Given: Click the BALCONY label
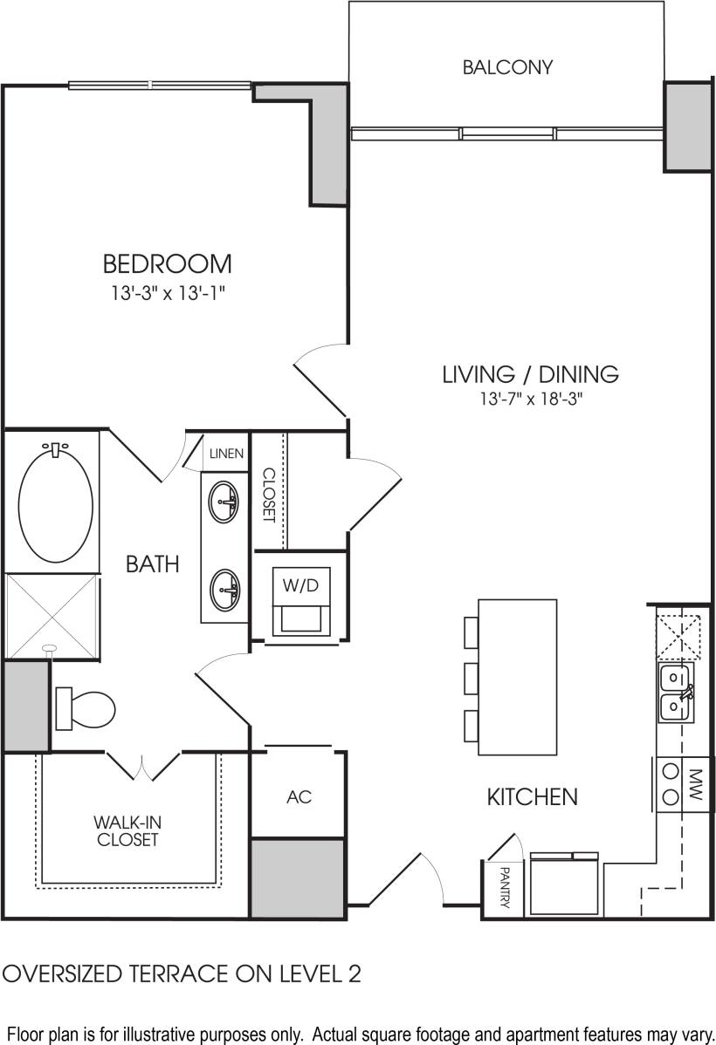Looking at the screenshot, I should (507, 67).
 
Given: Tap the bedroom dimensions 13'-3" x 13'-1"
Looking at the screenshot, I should (168, 295).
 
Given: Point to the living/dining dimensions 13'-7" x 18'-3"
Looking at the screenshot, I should (530, 400).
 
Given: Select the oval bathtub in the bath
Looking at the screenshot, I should (56, 504).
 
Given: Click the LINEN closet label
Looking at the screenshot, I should (227, 454).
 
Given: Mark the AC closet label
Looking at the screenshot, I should (299, 797).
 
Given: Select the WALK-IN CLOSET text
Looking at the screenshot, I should (127, 830).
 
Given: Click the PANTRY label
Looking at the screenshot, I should (505, 887).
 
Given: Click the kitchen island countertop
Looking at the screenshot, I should (517, 676).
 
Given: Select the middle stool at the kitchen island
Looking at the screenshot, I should (471, 677).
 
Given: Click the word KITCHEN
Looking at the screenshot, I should (532, 796).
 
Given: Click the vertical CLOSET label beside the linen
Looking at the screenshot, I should (269, 495).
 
